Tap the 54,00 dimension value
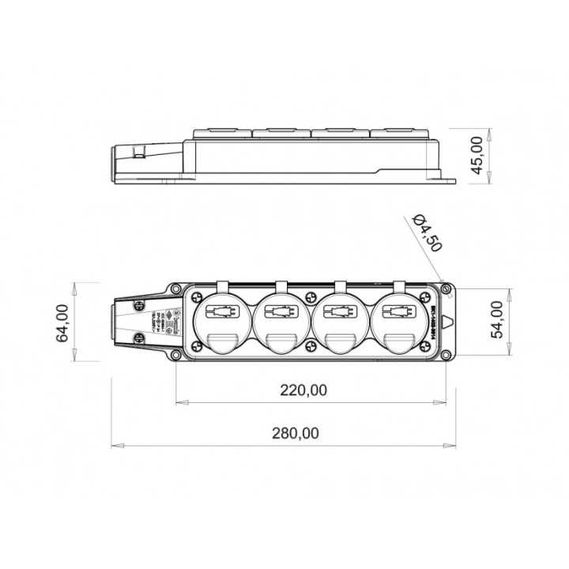(x=497, y=320)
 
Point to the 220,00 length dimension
(x=303, y=389)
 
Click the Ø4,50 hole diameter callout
(x=428, y=233)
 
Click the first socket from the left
(x=220, y=322)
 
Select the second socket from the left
(x=279, y=322)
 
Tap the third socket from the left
(x=338, y=322)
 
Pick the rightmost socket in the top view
(x=397, y=322)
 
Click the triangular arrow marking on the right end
(x=448, y=323)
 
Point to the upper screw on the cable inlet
(x=143, y=306)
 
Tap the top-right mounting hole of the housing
(x=448, y=288)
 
